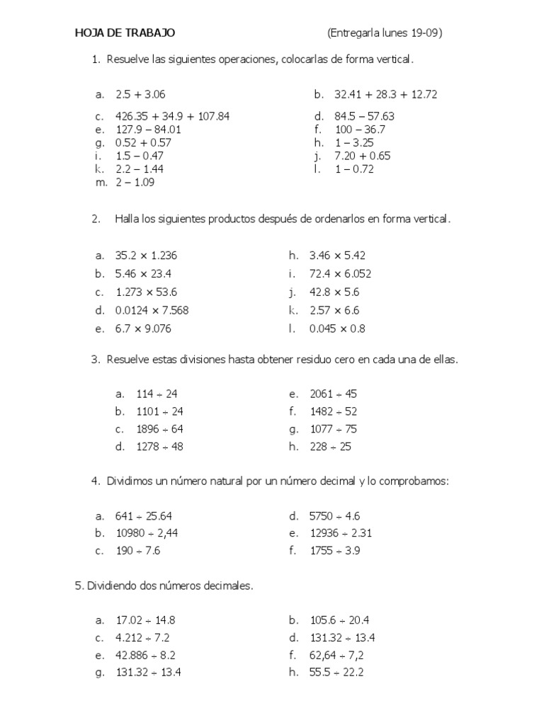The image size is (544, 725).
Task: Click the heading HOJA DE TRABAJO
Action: pos(125,33)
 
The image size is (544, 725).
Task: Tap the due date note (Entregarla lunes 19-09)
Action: pos(386,33)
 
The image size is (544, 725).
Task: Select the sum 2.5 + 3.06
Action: pos(140,94)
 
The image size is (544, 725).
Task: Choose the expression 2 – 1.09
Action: pos(135,182)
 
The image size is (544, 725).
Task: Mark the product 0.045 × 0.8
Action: pos(337,329)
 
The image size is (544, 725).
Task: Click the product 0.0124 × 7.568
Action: pos(152,310)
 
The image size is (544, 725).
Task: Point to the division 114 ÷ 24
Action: pos(157,394)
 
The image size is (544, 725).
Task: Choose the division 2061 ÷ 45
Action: pos(333,394)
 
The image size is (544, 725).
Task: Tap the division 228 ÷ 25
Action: pos(330,447)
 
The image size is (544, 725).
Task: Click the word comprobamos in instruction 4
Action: pos(414,481)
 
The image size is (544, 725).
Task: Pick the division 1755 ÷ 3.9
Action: pos(335,551)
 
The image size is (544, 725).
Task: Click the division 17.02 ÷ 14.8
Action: pos(146,620)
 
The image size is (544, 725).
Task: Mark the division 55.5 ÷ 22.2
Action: pos(336,673)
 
